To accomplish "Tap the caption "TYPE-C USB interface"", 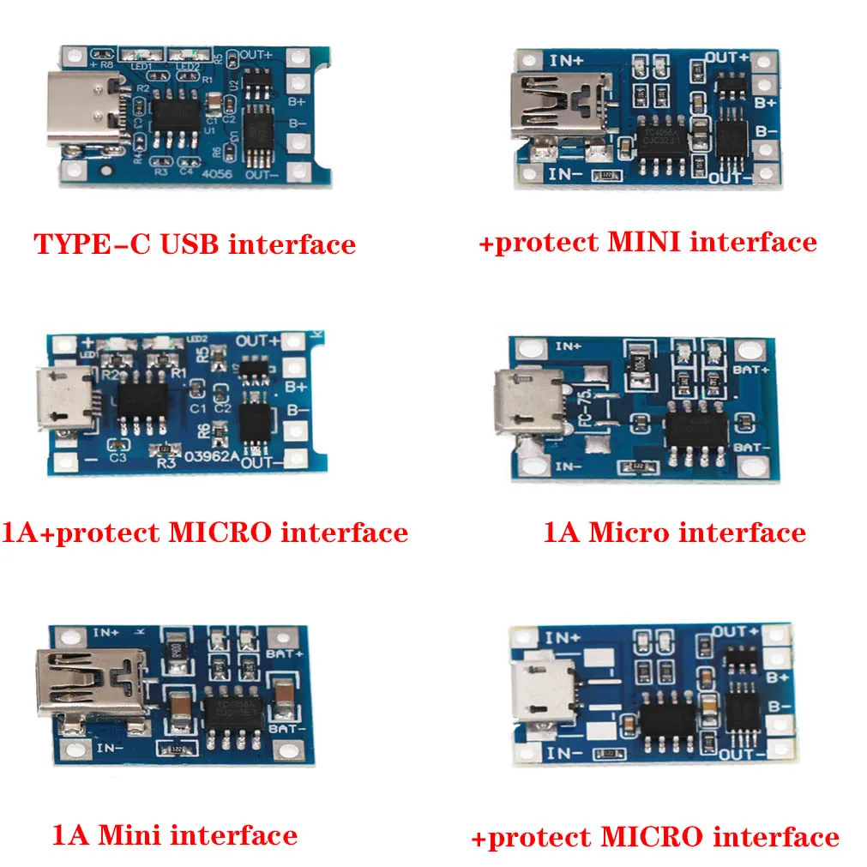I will tap(195, 244).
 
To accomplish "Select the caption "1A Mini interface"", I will tap(175, 834).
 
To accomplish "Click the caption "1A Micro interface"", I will tap(674, 533).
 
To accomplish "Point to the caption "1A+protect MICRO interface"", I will tap(205, 533).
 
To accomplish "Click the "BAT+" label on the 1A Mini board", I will tap(289, 653).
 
